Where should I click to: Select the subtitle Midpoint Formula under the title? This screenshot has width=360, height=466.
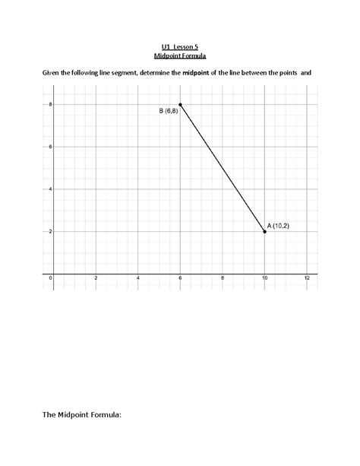180,56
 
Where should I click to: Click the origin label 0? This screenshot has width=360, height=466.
50,279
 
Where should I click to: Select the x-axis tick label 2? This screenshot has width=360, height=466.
96,279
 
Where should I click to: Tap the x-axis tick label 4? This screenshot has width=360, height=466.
138,279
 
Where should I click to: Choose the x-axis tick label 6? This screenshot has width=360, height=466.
181,279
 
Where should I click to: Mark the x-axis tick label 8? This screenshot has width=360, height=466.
223,279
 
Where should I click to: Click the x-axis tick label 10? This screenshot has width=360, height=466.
264,279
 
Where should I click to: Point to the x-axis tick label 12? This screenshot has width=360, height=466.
307,279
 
